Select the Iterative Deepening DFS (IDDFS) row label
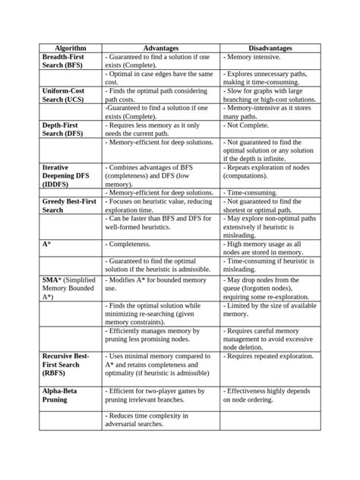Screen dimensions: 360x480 [x=61, y=175]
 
